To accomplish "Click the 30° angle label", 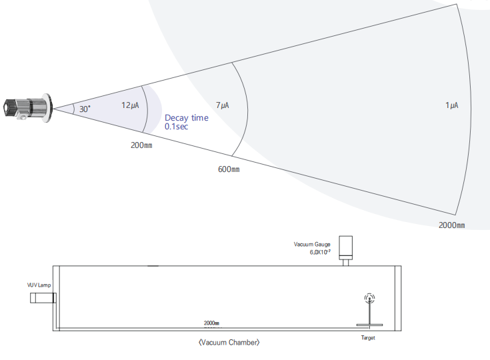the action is coord(85,109).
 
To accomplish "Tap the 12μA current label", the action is coord(130,105).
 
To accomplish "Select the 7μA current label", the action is coord(223,105).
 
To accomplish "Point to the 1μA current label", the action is coord(452,105).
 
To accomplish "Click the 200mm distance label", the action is coord(141,145).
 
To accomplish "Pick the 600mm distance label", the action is coord(229,169).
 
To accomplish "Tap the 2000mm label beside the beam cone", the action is coord(452,225).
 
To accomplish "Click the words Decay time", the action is coord(187,118).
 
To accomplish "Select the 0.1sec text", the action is coord(176,127).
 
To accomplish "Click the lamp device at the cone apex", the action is coord(28,108).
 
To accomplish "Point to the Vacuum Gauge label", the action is coord(312,245).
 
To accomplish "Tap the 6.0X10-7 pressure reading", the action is coord(320,252).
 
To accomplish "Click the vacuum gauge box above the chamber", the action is coord(345,248).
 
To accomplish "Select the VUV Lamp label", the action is coord(39,285).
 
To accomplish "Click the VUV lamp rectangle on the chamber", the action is coord(43,298).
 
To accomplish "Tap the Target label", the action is coord(368,338).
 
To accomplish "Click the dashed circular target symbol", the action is coord(370,299).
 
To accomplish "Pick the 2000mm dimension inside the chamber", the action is coord(211,323).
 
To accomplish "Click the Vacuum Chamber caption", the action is coord(229,343).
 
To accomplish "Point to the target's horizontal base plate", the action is coord(369,325).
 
